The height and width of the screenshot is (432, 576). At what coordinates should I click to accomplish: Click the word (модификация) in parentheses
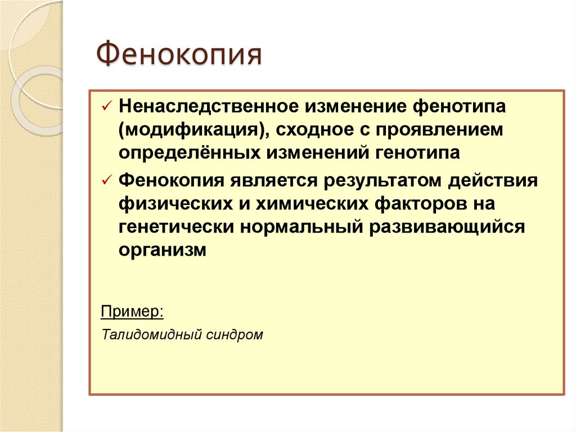pyautogui.click(x=189, y=130)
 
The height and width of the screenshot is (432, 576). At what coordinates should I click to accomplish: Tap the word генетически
pyautogui.click(x=176, y=228)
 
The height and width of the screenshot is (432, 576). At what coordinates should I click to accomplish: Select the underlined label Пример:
pyautogui.click(x=132, y=311)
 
